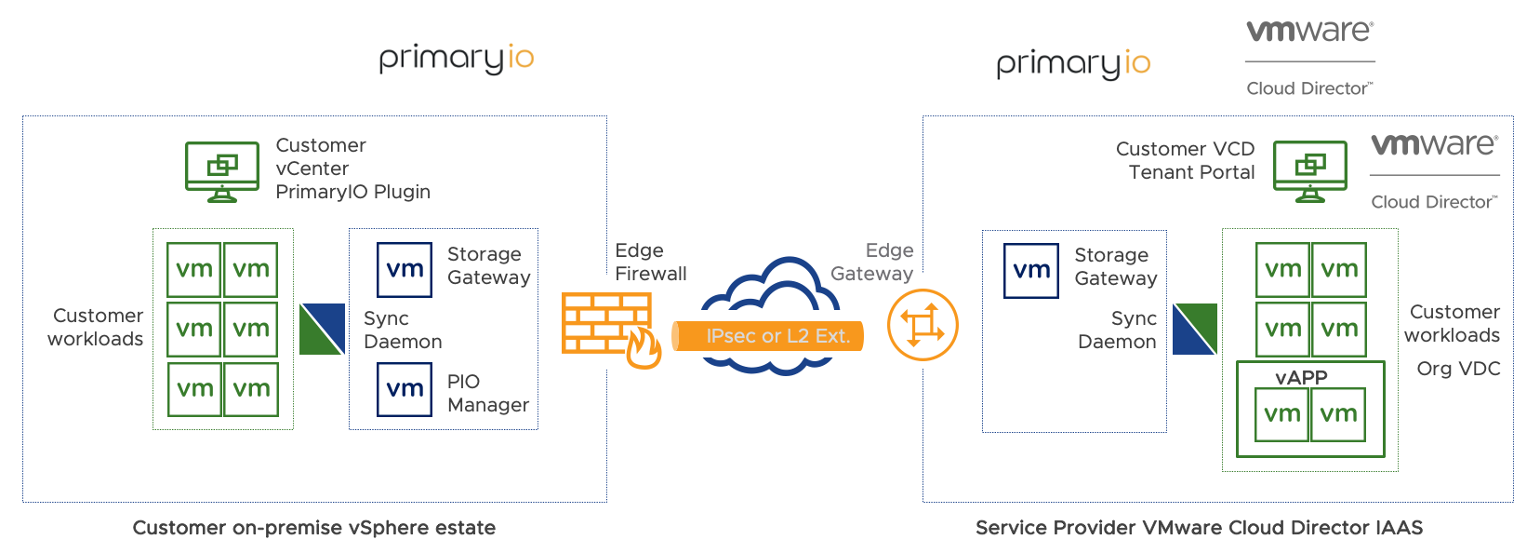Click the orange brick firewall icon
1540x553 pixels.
pos(606,325)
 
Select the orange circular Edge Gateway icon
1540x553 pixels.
pos(922,325)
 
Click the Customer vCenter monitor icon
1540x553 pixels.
pos(221,170)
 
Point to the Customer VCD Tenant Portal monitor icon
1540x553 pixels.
pos(1309,170)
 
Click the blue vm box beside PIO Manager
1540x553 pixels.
pos(405,389)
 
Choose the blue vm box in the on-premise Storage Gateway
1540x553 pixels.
pos(405,270)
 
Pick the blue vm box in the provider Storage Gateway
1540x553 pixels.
pos(1031,271)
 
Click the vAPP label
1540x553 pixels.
pos(1301,377)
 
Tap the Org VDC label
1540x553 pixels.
pos(1458,369)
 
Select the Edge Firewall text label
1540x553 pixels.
pos(650,262)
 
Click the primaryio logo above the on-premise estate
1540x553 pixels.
pos(456,58)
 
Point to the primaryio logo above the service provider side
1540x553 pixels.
pos(1073,63)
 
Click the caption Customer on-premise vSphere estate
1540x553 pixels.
pos(313,528)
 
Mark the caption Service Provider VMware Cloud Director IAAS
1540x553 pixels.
pos(1199,528)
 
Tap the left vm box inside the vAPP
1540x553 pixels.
pos(1282,414)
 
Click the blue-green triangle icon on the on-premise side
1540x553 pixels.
pos(322,330)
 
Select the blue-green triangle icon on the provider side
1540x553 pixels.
pos(1194,329)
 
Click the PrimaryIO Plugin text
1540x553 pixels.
pos(352,192)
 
